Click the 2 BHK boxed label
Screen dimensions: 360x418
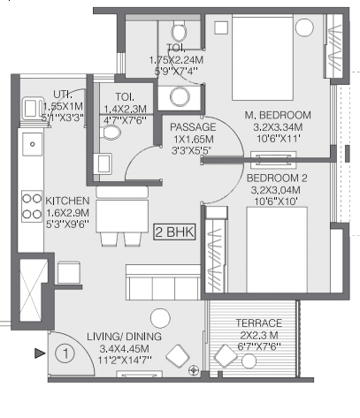[174, 232]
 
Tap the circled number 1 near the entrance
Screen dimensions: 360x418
[65, 353]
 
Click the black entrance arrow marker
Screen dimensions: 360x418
[40, 353]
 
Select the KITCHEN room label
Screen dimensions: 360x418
[67, 201]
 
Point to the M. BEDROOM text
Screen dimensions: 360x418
[278, 115]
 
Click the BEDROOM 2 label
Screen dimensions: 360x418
[277, 178]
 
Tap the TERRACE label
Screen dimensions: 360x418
[259, 323]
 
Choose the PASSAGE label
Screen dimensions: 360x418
[193, 127]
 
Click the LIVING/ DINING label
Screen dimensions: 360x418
[124, 337]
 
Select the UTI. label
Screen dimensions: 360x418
[63, 95]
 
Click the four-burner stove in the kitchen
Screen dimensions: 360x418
[32, 206]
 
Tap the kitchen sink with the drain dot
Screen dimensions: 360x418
[33, 144]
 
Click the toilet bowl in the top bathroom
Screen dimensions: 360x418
[179, 31]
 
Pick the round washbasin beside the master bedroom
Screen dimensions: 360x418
[180, 97]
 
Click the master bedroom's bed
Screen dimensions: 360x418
[263, 57]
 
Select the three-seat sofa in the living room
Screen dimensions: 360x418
[164, 282]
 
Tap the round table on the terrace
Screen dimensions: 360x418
[249, 361]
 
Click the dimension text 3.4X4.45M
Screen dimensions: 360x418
[124, 349]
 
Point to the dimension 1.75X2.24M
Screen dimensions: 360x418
[176, 60]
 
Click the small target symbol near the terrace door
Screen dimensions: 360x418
[194, 370]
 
